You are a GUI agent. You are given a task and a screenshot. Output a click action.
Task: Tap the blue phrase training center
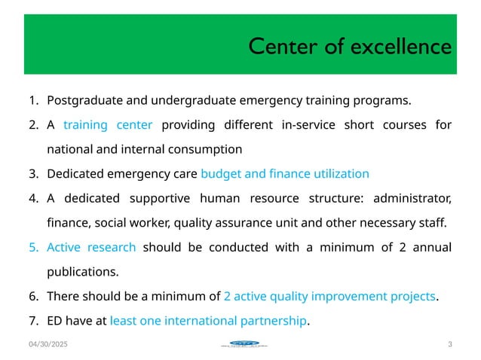click(x=108, y=125)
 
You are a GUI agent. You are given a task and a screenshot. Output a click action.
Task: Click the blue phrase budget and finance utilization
click(x=285, y=174)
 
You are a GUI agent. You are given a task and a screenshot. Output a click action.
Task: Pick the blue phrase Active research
click(x=91, y=248)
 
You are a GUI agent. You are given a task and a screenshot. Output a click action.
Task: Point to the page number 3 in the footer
click(x=449, y=345)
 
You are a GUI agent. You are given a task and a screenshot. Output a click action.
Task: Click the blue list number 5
click(x=34, y=248)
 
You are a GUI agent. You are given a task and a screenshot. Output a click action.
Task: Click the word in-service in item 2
click(x=311, y=125)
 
